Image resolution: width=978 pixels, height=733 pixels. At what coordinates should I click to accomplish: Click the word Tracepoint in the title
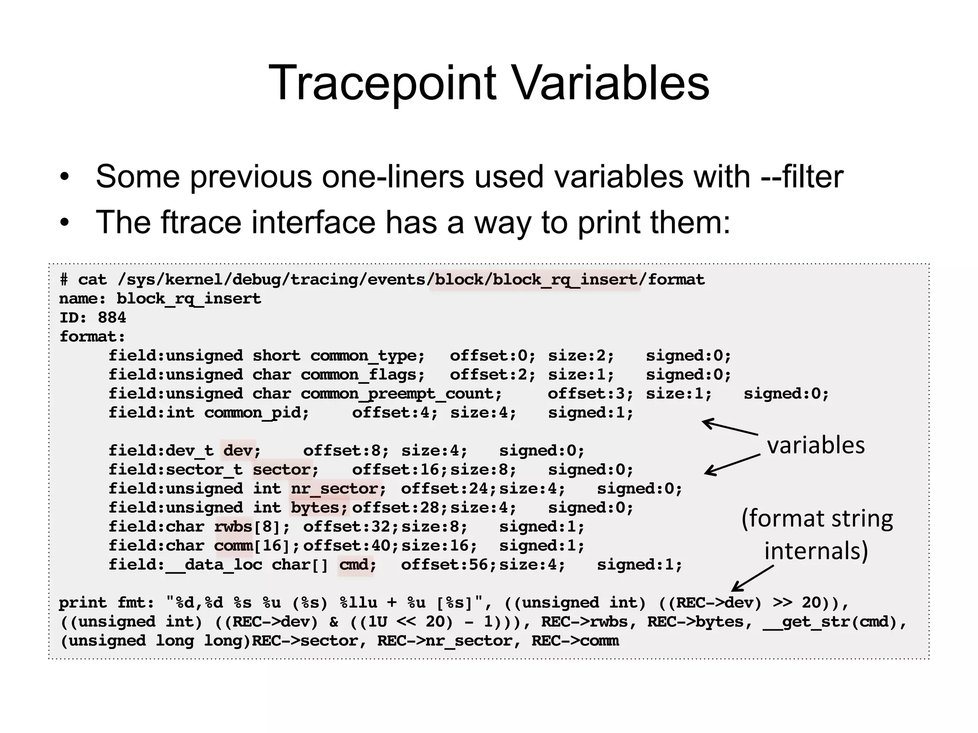tap(382, 83)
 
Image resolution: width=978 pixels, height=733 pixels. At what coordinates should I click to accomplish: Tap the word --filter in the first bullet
tap(802, 177)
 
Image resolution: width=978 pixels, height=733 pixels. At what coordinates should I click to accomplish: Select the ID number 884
tap(112, 318)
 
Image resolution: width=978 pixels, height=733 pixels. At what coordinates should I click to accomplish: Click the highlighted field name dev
tap(238, 450)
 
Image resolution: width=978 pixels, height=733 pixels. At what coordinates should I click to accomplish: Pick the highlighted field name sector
tap(282, 470)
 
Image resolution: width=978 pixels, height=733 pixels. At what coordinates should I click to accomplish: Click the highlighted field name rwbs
tap(233, 527)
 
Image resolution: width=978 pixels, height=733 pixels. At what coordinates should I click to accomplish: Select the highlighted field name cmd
tap(354, 565)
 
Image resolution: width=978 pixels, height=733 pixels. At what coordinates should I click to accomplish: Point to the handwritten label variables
tap(816, 445)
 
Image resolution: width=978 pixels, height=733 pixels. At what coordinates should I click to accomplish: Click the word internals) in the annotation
tap(816, 551)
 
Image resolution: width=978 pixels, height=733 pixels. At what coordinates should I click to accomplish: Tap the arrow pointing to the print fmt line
tap(752, 578)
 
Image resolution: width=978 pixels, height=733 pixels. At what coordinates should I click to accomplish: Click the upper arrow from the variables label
tap(730, 427)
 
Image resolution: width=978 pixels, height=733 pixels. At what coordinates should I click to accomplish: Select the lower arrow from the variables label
tap(731, 464)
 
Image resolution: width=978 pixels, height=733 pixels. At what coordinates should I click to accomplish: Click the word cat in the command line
tap(92, 280)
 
